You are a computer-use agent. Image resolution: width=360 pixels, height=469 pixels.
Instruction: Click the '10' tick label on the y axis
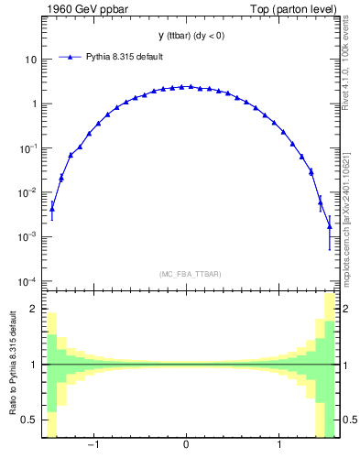[x=30, y=60]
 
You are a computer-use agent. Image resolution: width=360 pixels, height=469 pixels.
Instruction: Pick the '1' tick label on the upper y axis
[x=33, y=104]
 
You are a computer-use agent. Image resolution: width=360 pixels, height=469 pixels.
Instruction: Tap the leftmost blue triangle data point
[x=52, y=209]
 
